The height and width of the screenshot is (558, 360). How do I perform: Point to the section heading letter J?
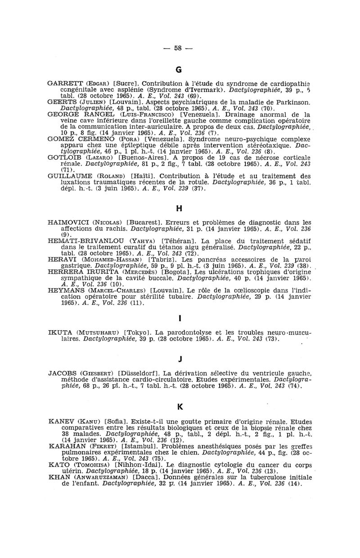179,358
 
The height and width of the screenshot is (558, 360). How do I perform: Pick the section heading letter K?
179,407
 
